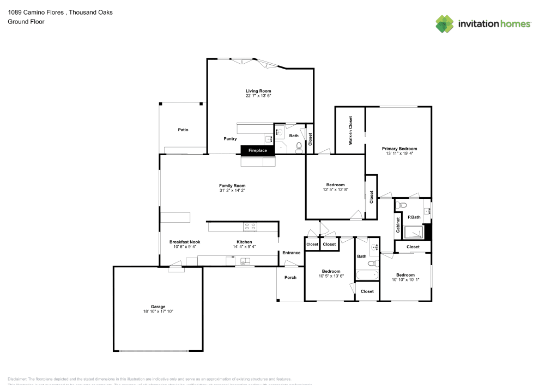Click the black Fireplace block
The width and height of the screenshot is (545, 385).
(x=258, y=150)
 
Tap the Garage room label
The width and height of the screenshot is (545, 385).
(x=158, y=307)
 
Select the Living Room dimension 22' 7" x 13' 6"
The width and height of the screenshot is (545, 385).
(x=258, y=96)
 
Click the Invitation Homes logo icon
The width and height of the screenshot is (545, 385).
(x=445, y=24)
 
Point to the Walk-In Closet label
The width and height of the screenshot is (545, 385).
(x=350, y=130)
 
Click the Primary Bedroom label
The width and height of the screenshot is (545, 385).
(x=399, y=149)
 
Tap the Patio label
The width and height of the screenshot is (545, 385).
(x=183, y=130)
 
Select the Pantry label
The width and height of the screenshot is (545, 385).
(x=230, y=139)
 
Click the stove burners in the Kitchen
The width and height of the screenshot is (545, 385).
(x=250, y=227)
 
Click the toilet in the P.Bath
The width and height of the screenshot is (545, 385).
(x=402, y=205)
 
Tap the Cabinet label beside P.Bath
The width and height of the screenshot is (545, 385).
(x=398, y=225)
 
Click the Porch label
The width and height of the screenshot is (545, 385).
(x=290, y=278)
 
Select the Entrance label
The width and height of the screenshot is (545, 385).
(x=291, y=253)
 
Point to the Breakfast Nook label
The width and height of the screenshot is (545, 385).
(x=185, y=242)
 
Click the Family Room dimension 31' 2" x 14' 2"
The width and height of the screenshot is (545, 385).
(x=232, y=191)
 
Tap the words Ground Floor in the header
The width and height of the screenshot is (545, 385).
(x=26, y=22)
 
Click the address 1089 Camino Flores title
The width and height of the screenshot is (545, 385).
(x=60, y=12)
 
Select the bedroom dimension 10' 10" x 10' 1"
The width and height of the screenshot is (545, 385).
(x=405, y=280)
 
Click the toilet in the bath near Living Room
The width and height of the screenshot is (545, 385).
(x=298, y=146)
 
